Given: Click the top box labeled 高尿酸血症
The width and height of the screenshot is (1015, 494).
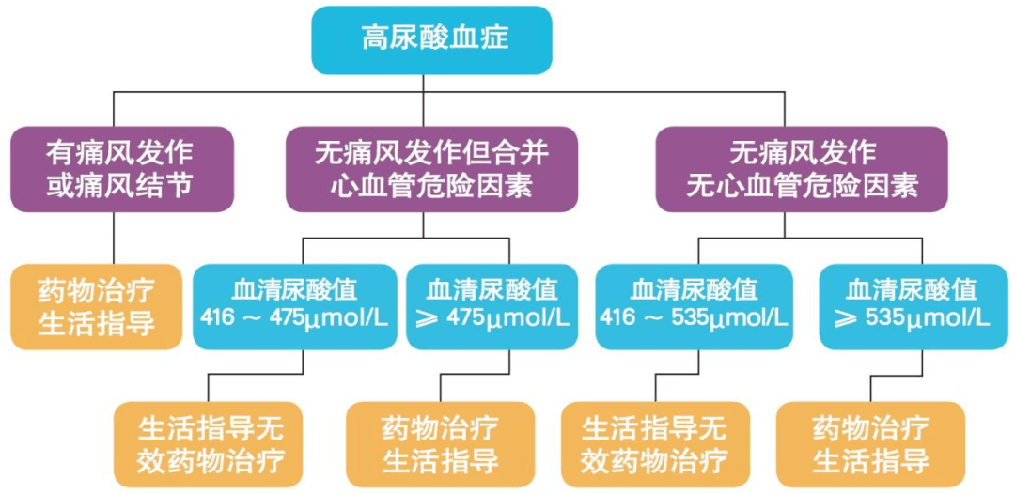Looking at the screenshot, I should pos(431,39).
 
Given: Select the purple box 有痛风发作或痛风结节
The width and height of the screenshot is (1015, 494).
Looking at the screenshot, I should pos(121,169).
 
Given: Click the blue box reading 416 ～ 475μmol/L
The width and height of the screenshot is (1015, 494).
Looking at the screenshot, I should pos(294,306).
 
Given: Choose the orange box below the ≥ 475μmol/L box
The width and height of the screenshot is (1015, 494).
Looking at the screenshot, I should pos(440,444).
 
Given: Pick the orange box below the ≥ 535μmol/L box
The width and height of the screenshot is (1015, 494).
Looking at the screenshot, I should pos(870,444).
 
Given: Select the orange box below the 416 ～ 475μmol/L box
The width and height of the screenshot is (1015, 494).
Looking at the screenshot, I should pos(210,444).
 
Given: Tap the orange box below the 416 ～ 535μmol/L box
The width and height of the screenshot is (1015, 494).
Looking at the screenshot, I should pos(655,444).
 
